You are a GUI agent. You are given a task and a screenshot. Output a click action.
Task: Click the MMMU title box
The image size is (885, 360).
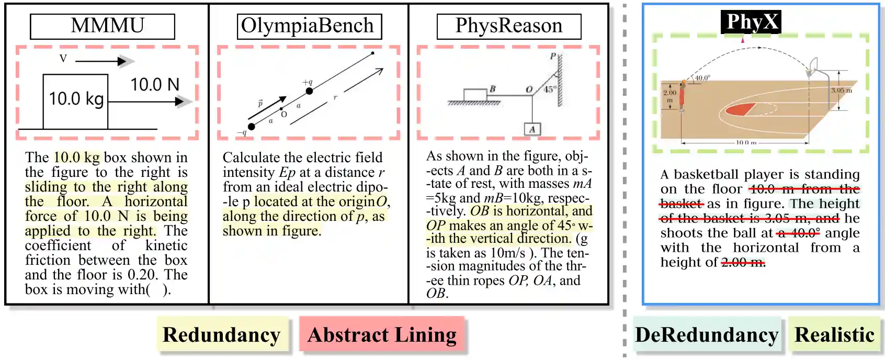[x=103, y=26]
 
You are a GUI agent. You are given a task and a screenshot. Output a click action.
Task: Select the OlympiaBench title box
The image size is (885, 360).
[x=309, y=26]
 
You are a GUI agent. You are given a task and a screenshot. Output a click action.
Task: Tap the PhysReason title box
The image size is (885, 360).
[x=509, y=26]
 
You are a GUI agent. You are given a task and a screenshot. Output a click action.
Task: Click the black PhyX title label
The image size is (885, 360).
[x=751, y=22]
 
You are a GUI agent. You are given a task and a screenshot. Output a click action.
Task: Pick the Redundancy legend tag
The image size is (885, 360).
[x=222, y=335]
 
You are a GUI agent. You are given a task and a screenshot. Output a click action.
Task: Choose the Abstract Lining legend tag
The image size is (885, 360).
[x=382, y=335]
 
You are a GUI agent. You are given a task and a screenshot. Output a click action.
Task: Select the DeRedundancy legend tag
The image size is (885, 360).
[x=707, y=335]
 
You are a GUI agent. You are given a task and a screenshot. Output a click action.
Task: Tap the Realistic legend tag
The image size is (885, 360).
[x=835, y=335]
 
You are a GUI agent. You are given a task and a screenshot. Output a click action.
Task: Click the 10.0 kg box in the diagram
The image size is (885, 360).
[x=76, y=101]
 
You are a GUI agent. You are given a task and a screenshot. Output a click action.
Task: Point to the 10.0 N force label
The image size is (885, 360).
[x=155, y=84]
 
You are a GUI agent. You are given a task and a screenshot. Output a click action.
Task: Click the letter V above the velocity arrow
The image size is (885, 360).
[x=63, y=58]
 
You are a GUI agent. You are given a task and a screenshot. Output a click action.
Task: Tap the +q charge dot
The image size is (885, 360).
[x=309, y=91]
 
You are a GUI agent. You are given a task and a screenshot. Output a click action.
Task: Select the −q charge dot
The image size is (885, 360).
[x=252, y=127]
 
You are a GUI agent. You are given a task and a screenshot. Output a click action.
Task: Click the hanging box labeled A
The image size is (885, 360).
[x=532, y=129]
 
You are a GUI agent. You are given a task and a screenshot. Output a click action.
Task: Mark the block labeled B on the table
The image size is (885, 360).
[x=475, y=95]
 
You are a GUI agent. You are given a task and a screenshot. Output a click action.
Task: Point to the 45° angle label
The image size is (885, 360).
[x=549, y=89]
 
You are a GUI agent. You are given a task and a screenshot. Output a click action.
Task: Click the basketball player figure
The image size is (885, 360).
[x=682, y=96]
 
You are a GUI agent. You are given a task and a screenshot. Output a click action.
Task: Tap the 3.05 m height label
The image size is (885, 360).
[x=842, y=91]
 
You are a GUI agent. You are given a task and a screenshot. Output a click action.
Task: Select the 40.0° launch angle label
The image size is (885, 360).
[x=702, y=78]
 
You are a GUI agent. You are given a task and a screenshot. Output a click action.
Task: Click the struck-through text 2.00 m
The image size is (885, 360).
[x=743, y=262]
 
